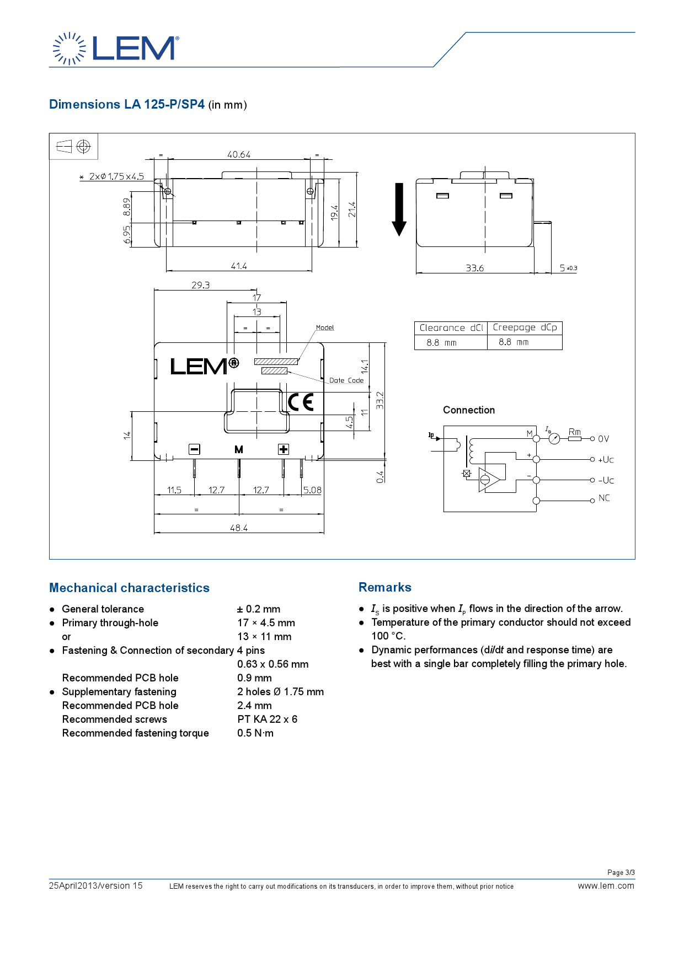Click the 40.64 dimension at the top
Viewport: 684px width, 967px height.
coord(239,154)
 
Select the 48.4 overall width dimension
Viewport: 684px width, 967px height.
coord(239,528)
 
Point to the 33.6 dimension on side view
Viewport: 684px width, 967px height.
coord(474,268)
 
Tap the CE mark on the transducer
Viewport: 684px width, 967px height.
coord(301,402)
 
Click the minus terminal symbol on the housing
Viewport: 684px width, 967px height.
coord(194,449)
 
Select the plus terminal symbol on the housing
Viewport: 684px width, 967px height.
coord(283,449)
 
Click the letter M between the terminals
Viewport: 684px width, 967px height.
coord(239,449)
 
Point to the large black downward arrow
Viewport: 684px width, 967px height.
coord(399,209)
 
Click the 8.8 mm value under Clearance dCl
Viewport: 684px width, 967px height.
coord(441,342)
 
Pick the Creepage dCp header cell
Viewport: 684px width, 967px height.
coord(525,327)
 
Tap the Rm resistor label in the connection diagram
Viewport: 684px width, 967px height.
coord(574,432)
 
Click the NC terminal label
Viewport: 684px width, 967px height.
coord(604,498)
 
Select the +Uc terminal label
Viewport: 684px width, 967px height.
coord(606,459)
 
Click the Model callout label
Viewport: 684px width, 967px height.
coord(325,327)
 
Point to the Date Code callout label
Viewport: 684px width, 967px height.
coord(346,380)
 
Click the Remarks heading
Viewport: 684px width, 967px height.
coord(385,587)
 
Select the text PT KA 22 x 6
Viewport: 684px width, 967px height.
coord(268,719)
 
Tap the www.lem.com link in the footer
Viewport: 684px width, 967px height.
coord(606,885)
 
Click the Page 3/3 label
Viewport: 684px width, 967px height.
coord(621,872)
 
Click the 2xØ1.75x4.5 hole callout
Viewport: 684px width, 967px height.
coord(116,176)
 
